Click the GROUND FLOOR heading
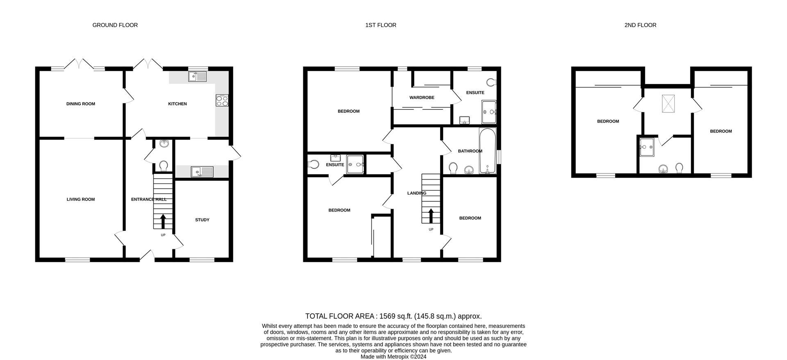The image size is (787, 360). pyautogui.click(x=115, y=25)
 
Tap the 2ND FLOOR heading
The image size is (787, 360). pyautogui.click(x=640, y=25)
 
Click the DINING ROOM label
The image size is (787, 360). pyautogui.click(x=81, y=104)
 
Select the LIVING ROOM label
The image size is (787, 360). pyautogui.click(x=81, y=199)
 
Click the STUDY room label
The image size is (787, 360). pyautogui.click(x=202, y=220)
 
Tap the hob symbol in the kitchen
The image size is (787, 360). pyautogui.click(x=222, y=100)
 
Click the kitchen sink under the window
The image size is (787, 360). pyautogui.click(x=198, y=76)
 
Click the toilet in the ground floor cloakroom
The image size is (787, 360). pyautogui.click(x=163, y=166)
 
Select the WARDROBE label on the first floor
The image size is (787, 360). pyautogui.click(x=422, y=98)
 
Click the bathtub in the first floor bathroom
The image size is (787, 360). pyautogui.click(x=487, y=151)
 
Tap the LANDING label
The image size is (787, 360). pyautogui.click(x=416, y=193)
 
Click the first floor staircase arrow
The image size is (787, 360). pyautogui.click(x=431, y=216)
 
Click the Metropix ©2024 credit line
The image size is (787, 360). pyautogui.click(x=393, y=357)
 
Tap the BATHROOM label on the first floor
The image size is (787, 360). pyautogui.click(x=470, y=151)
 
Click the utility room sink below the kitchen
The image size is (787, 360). pyautogui.click(x=202, y=171)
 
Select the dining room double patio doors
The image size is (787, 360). pyautogui.click(x=81, y=64)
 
